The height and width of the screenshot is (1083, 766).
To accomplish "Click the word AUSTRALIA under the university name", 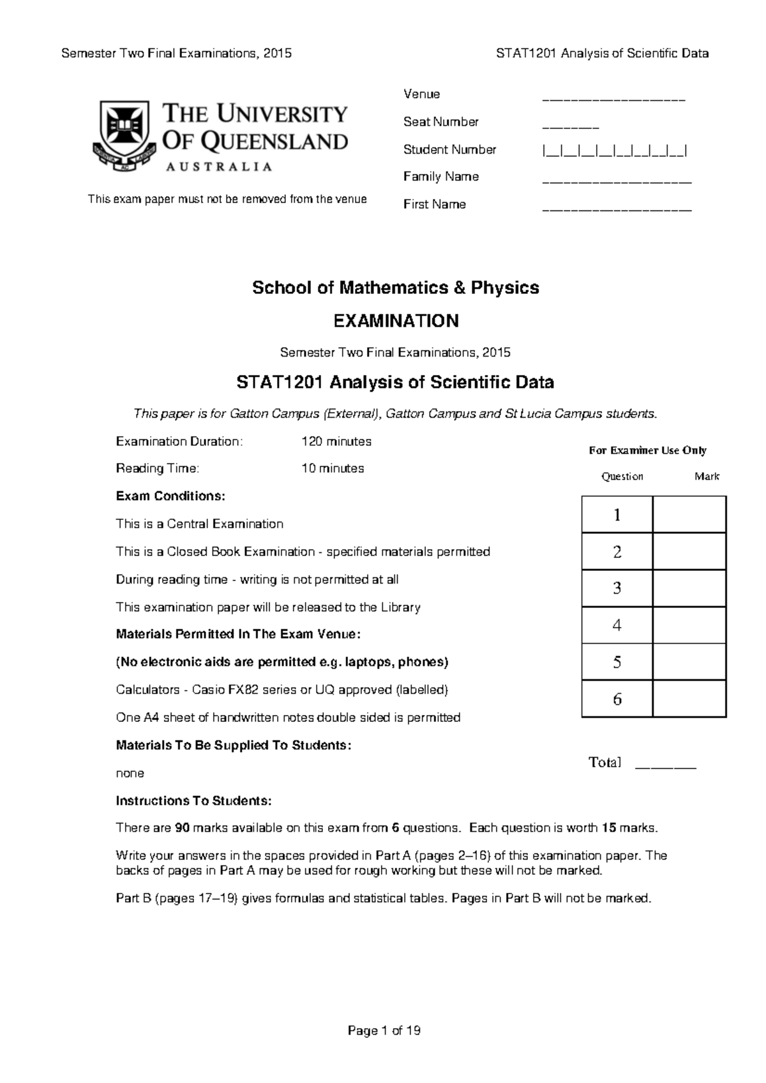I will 219,166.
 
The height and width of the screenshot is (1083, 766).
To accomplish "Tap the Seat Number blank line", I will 570,127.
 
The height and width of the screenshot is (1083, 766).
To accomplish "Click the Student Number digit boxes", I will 614,151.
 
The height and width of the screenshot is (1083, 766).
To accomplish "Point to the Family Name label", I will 440,177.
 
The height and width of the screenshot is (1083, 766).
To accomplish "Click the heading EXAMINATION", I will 396,321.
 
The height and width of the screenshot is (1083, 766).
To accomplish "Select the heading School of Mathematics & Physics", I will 395,288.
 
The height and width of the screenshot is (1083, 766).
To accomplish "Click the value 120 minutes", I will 336,441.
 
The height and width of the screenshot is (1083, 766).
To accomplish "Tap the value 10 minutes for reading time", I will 332,468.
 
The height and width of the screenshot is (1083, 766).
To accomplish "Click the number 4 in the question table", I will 617,625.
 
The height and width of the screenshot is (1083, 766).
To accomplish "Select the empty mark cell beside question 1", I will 689,515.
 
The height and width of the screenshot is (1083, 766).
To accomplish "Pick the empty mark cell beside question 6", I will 689,699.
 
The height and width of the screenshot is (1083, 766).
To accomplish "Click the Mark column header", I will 707,476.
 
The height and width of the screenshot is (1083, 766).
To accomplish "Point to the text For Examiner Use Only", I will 647,450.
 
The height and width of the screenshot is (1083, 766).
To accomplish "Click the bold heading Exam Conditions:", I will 170,496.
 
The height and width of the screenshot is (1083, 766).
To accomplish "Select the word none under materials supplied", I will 130,773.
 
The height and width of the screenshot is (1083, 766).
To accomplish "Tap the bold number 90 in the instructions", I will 182,828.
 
